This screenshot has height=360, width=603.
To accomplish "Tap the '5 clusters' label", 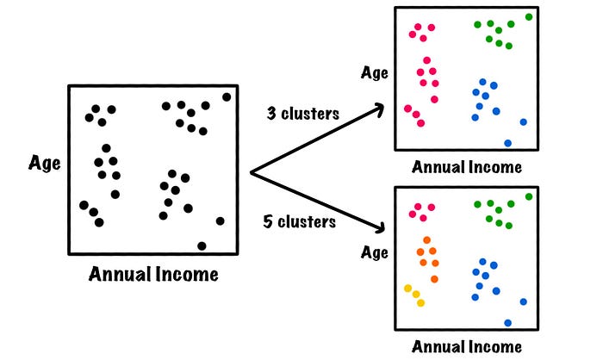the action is [x=299, y=222].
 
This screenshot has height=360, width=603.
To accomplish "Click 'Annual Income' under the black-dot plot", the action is [x=153, y=276].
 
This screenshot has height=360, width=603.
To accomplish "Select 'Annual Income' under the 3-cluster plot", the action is [x=467, y=167].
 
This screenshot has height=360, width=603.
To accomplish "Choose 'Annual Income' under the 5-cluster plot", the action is [x=467, y=347].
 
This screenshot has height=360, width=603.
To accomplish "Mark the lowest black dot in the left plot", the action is [x=202, y=246].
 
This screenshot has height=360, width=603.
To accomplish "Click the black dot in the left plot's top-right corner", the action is [x=227, y=97].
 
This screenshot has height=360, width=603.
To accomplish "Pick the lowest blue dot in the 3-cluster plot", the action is [x=507, y=143].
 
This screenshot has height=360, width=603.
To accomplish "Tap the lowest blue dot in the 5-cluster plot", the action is [x=507, y=323].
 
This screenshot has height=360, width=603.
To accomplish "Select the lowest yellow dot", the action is [x=420, y=302].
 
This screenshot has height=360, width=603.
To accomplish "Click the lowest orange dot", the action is [x=434, y=279].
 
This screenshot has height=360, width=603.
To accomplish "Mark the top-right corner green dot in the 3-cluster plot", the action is [x=529, y=16].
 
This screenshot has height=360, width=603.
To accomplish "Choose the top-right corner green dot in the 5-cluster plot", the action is [x=529, y=196].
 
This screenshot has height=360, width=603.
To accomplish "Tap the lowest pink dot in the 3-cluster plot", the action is [x=420, y=123].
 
